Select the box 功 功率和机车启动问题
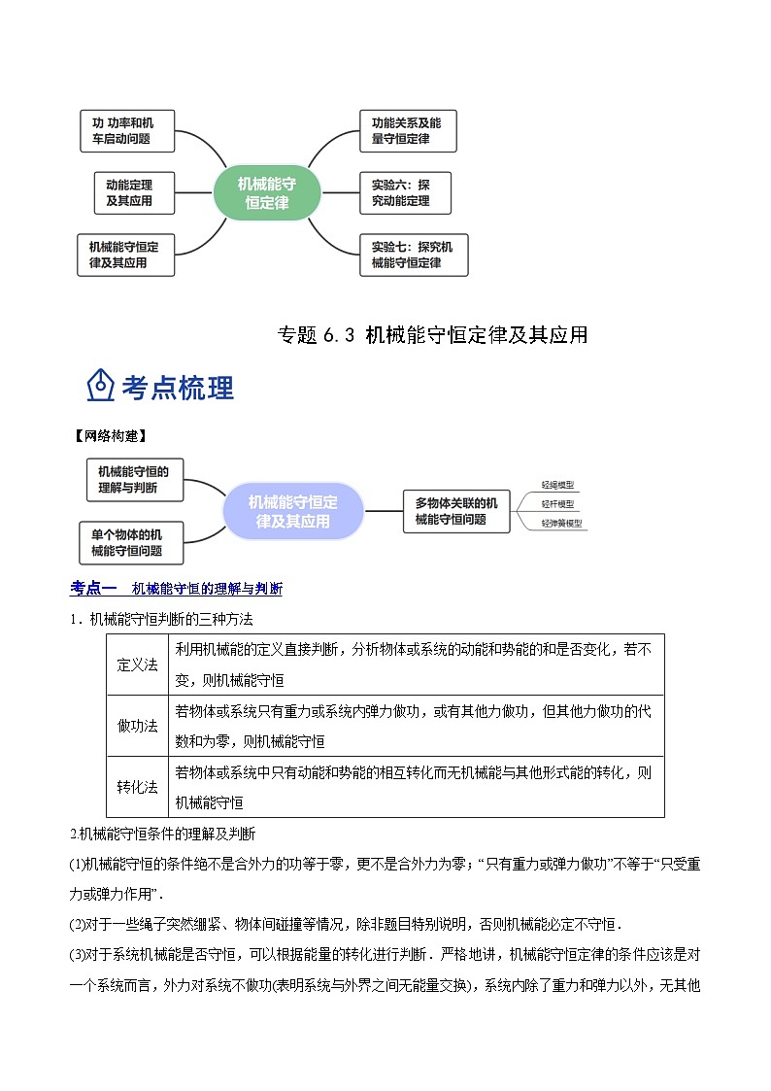tap(126, 131)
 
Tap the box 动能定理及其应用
tap(128, 192)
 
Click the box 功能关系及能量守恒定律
tap(407, 131)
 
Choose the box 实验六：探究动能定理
tap(407, 192)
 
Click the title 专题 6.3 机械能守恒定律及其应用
tap(432, 335)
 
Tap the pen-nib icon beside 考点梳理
tap(101, 386)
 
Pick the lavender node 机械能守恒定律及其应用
tap(293, 511)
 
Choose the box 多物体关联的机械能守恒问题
tap(456, 511)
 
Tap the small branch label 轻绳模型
tap(558, 484)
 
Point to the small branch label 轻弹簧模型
tap(562, 524)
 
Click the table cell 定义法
tap(138, 665)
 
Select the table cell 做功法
tap(138, 727)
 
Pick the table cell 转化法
tap(138, 787)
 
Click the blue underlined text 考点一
tap(93, 588)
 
